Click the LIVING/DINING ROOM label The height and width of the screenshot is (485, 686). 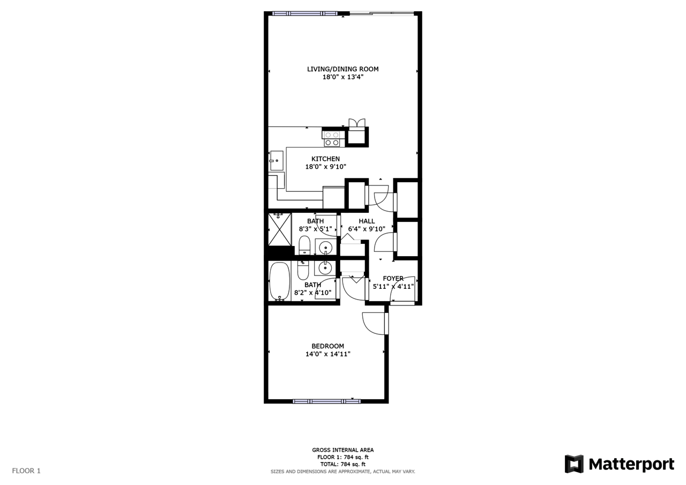pyautogui.click(x=342, y=69)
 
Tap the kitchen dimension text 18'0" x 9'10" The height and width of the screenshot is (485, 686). pyautogui.click(x=325, y=167)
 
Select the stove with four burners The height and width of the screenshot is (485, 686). pyautogui.click(x=332, y=139)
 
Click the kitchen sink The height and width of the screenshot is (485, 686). pyautogui.click(x=277, y=160)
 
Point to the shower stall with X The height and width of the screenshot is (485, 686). pyautogui.click(x=279, y=229)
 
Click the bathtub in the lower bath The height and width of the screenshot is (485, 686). pyautogui.click(x=279, y=281)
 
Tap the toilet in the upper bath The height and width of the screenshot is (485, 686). pyautogui.click(x=304, y=245)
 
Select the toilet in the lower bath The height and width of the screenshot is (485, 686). pyautogui.click(x=303, y=270)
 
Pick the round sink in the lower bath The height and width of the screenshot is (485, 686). pyautogui.click(x=325, y=267)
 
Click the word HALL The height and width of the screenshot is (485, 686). pyautogui.click(x=367, y=221)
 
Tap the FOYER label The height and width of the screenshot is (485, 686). pyautogui.click(x=393, y=279)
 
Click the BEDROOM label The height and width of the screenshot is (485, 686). pyautogui.click(x=327, y=346)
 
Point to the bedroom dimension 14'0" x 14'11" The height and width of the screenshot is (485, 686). pyautogui.click(x=327, y=354)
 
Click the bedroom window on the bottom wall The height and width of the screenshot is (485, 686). pyautogui.click(x=326, y=401)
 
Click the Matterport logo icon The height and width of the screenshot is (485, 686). pyautogui.click(x=573, y=464)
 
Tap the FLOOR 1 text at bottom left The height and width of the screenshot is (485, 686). pyautogui.click(x=26, y=471)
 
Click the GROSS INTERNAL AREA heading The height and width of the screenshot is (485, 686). pyautogui.click(x=342, y=450)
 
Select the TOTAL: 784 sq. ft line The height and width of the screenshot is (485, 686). pyautogui.click(x=342, y=465)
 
